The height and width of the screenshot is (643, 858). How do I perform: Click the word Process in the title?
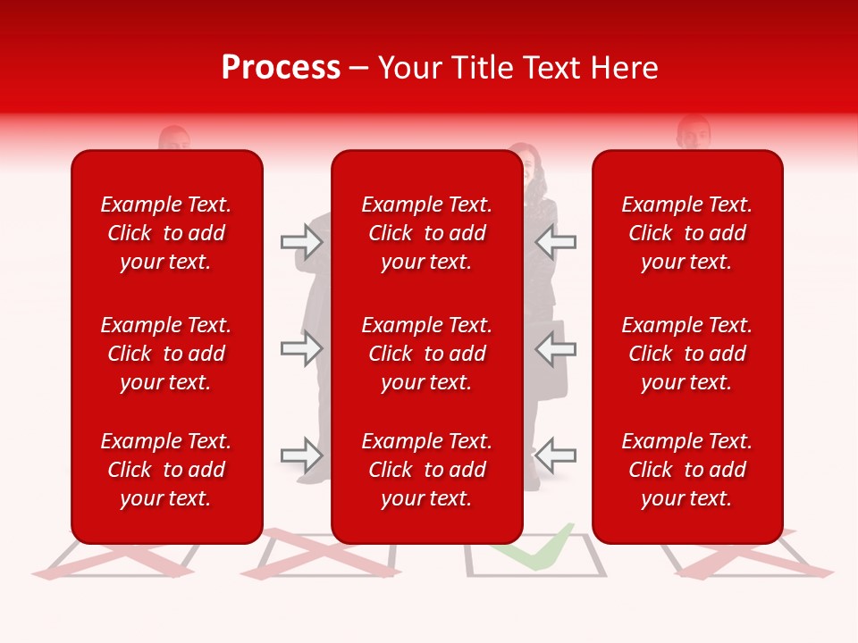tap(281, 68)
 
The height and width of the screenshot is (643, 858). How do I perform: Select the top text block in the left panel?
tap(166, 233)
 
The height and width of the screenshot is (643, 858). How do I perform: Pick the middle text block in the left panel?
tap(166, 354)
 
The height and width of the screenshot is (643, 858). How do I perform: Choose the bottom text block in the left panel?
tap(166, 470)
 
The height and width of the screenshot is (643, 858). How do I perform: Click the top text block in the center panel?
tap(426, 233)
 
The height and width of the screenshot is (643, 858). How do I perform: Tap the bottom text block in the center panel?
tap(426, 470)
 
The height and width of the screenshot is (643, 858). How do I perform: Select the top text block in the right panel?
tap(686, 233)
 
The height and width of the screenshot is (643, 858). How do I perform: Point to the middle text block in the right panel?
tap(686, 354)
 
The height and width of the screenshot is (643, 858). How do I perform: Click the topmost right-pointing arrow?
tap(301, 241)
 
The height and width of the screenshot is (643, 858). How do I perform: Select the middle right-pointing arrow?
tap(301, 348)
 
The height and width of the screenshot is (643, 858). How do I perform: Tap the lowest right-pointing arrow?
tap(301, 455)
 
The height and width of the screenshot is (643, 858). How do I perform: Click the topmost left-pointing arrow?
tap(555, 241)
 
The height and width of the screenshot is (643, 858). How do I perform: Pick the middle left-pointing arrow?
tap(555, 348)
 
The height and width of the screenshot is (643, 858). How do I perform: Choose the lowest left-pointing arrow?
tap(555, 455)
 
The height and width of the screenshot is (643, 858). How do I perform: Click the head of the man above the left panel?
tap(174, 140)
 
